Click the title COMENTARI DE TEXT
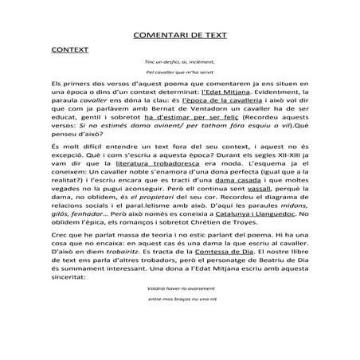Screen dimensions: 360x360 click(179, 36)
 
